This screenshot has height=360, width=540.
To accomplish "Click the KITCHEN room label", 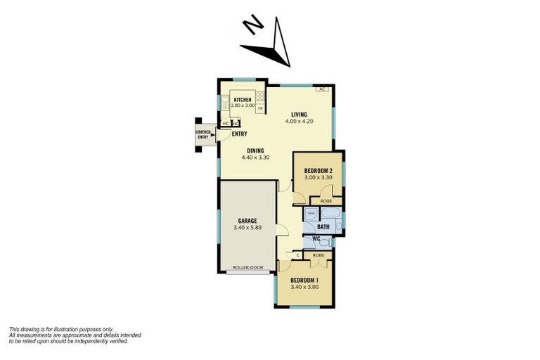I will pyautogui.click(x=243, y=100).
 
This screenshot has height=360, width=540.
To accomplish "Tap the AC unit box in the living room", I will pyautogui.click(x=321, y=89).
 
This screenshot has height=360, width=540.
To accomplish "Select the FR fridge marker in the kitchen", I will pyautogui.click(x=259, y=108).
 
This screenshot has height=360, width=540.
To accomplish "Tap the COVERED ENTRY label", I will pyautogui.click(x=202, y=134).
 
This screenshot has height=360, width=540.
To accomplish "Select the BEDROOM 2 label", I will pyautogui.click(x=319, y=170).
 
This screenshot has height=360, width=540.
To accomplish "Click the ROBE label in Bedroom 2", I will pyautogui.click(x=326, y=201).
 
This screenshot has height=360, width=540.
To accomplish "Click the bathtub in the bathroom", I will pyautogui.click(x=331, y=214).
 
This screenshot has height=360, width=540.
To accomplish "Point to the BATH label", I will pyautogui.click(x=323, y=227).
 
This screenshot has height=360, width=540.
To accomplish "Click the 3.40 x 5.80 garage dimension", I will pyautogui.click(x=247, y=228).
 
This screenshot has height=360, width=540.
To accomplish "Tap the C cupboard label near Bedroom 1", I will pyautogui.click(x=298, y=255).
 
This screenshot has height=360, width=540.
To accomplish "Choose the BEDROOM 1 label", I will pyautogui.click(x=304, y=280).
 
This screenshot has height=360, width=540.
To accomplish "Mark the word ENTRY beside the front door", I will pyautogui.click(x=239, y=134).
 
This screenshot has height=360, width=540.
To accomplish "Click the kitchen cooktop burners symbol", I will pyautogui.click(x=259, y=97).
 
